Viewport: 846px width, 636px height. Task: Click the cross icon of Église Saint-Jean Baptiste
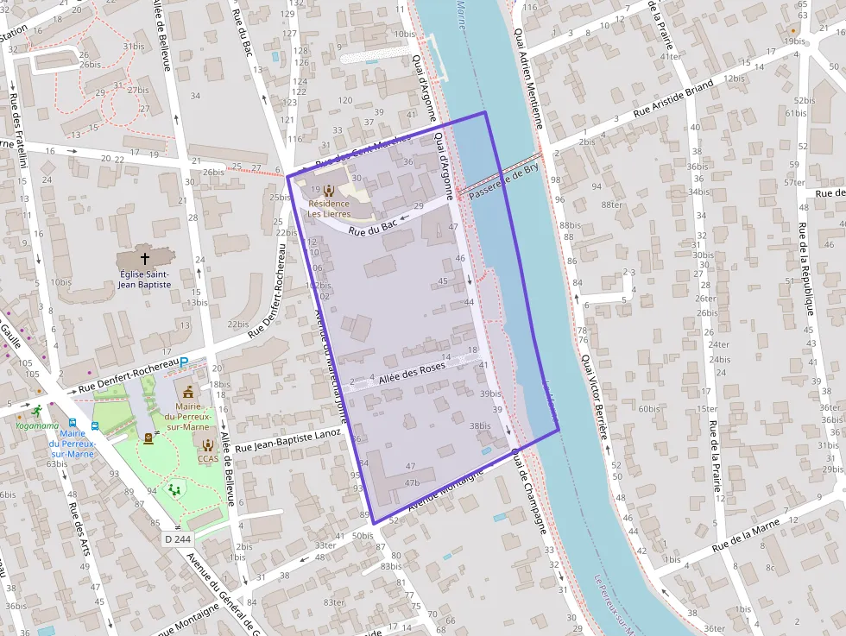coord(145,258)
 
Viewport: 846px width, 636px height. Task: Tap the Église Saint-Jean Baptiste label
coord(145,279)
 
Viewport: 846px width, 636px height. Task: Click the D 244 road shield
coord(177,539)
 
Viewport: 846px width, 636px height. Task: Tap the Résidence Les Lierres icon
coord(328,190)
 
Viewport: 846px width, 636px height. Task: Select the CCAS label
coord(208,459)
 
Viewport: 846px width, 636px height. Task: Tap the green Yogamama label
coord(36,425)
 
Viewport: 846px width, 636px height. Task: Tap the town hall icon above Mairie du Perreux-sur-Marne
coord(188,393)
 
